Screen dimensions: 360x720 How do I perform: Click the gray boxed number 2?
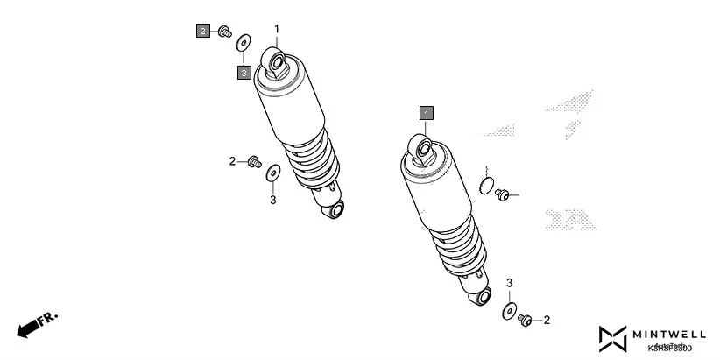(x=202, y=32)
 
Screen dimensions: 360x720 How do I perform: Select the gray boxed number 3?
(x=244, y=73)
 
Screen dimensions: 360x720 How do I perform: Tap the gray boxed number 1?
(x=426, y=113)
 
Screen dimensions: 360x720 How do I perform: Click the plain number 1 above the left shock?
(x=277, y=29)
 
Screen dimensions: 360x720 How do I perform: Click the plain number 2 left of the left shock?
(x=233, y=160)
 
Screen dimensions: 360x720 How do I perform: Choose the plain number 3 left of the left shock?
(x=272, y=201)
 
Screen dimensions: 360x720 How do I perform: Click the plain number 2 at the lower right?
(x=547, y=321)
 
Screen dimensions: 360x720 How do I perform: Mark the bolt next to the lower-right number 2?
(x=526, y=320)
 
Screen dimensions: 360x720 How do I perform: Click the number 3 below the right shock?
(x=510, y=283)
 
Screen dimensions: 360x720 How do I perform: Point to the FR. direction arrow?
(x=35, y=323)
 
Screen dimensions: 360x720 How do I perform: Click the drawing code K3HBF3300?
(x=670, y=349)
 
